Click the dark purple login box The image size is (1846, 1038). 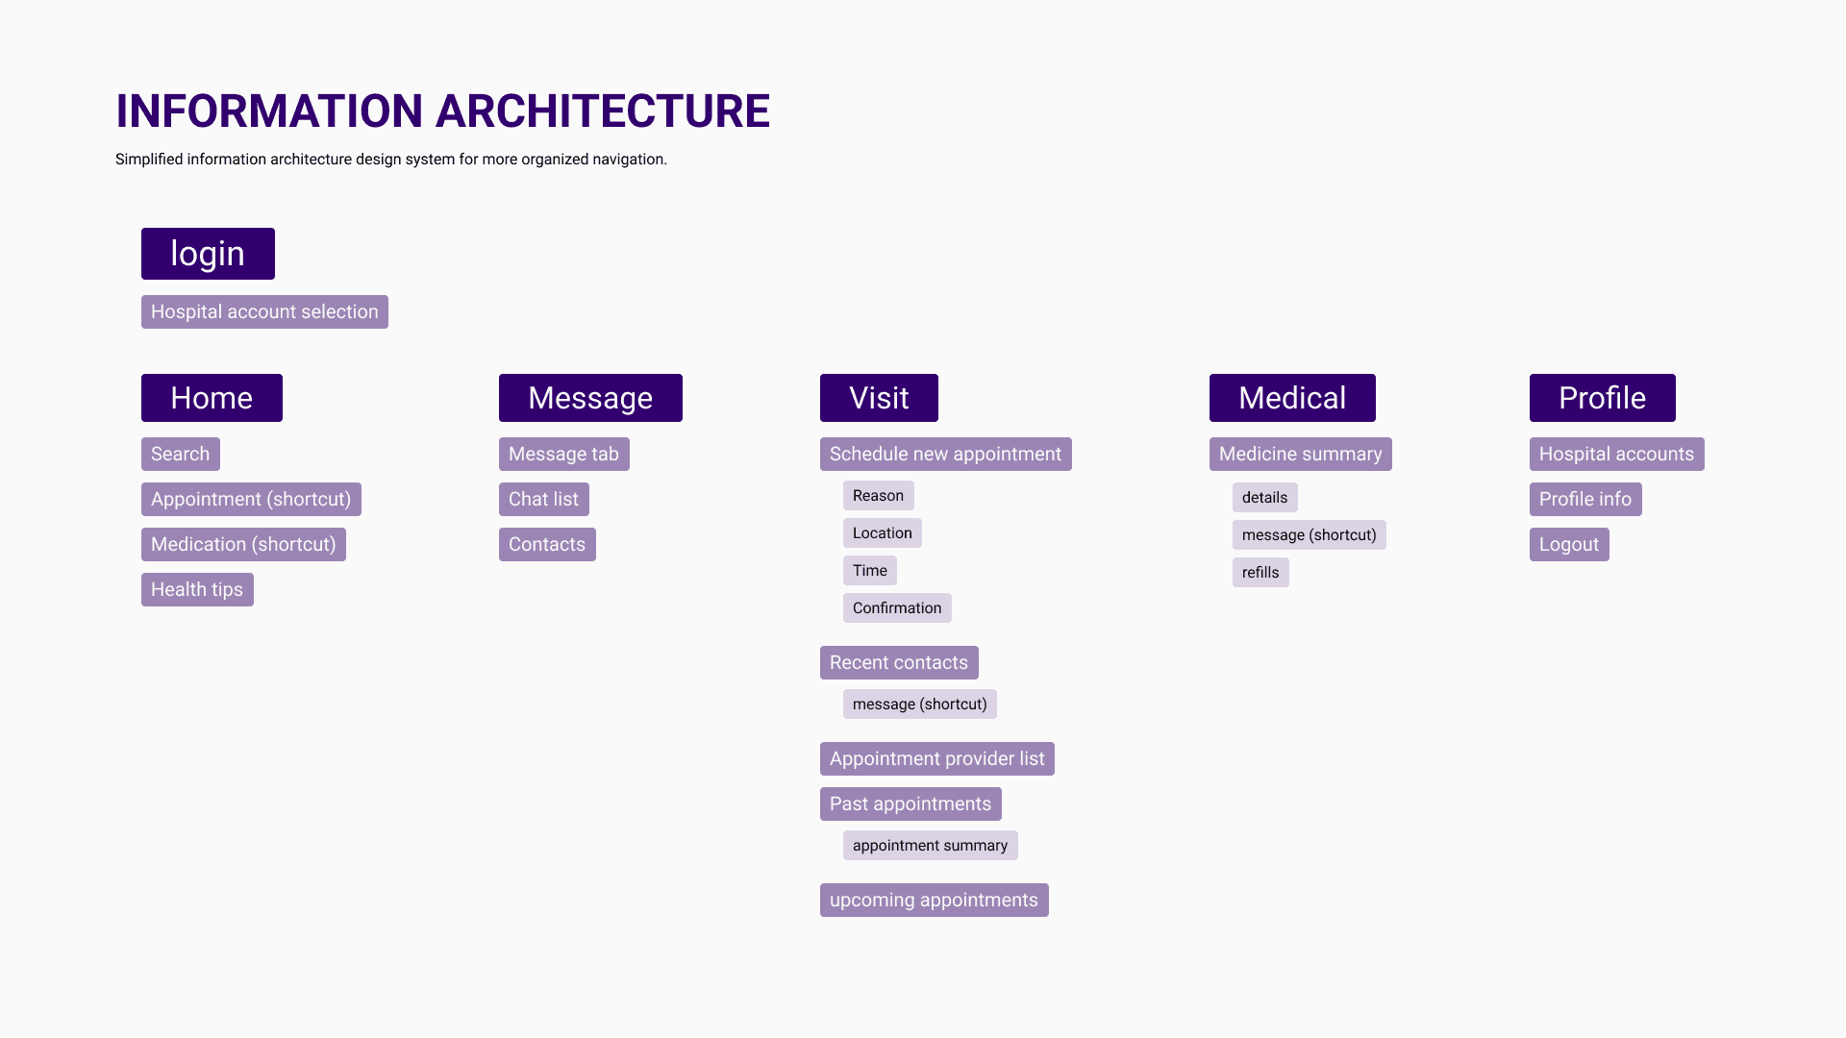(x=208, y=254)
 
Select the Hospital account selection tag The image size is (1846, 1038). (x=264, y=311)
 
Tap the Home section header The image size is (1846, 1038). (x=212, y=398)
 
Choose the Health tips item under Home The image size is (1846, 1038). (x=197, y=589)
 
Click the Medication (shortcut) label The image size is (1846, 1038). (x=243, y=544)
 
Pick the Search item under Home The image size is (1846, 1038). (x=181, y=454)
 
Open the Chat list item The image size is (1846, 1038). (x=544, y=499)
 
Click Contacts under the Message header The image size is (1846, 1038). (x=547, y=544)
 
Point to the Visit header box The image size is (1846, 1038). (x=879, y=398)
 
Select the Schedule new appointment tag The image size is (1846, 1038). (x=946, y=454)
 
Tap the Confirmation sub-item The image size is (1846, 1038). (x=897, y=607)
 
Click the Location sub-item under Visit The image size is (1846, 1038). (x=883, y=532)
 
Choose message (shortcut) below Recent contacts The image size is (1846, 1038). (x=920, y=704)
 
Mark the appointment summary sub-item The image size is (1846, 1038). (x=931, y=845)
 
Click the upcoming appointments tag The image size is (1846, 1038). (x=935, y=900)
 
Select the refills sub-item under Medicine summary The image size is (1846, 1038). (x=1260, y=572)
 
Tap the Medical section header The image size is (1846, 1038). (x=1292, y=398)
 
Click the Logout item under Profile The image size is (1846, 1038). (x=1569, y=544)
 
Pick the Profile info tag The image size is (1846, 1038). (x=1585, y=499)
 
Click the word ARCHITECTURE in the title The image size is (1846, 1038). (x=603, y=111)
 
